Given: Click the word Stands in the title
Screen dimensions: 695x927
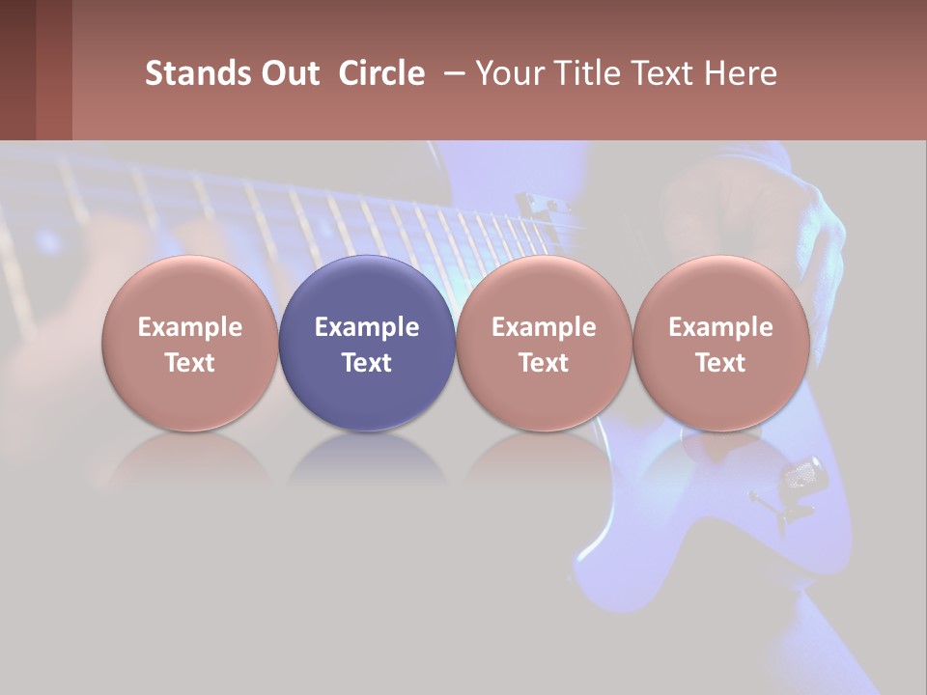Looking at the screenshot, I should (x=198, y=73).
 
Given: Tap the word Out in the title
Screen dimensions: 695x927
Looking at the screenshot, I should (x=289, y=73).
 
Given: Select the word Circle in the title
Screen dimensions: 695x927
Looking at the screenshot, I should (x=381, y=73).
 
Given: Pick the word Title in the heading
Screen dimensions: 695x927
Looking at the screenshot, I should (x=582, y=73).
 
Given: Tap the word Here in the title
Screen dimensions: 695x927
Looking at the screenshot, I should (x=742, y=73).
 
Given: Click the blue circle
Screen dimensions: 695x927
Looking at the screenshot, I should (x=367, y=343).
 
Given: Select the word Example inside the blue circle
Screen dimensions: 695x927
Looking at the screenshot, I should (x=367, y=327).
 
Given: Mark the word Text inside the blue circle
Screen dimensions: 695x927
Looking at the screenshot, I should (x=367, y=363).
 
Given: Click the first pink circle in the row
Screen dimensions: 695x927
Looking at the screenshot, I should (x=190, y=343).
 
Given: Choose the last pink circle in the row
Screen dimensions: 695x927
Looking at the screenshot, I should (x=721, y=343).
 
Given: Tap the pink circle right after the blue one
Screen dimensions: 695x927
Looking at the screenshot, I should (x=544, y=343).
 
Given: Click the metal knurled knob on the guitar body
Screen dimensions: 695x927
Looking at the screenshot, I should (x=804, y=474).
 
